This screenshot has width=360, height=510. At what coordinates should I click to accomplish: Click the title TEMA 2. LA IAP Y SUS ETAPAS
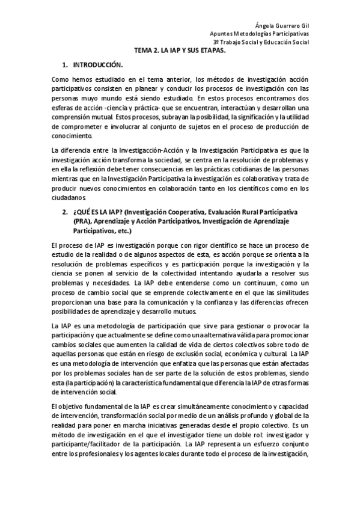180,51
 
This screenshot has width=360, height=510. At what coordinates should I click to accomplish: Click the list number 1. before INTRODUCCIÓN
66,64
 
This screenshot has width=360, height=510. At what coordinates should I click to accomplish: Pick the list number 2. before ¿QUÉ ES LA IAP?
66,214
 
